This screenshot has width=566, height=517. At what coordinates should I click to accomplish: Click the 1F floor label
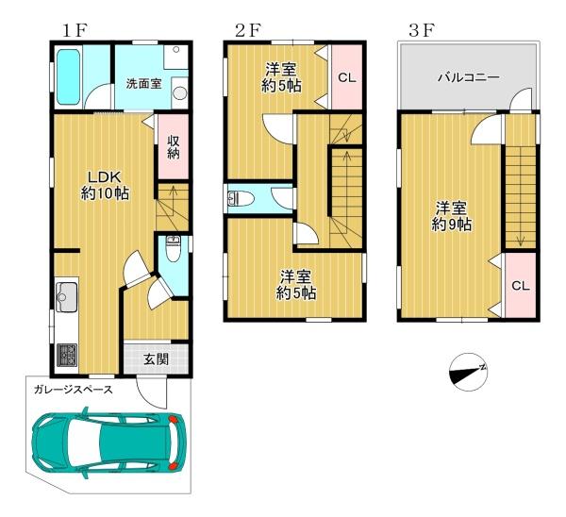pyautogui.click(x=75, y=31)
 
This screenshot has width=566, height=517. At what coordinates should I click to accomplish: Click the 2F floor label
pyautogui.click(x=247, y=31)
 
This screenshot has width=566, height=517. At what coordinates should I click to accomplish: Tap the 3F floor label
pyautogui.click(x=421, y=31)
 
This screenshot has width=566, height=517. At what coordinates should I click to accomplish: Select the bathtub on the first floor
pyautogui.click(x=68, y=77)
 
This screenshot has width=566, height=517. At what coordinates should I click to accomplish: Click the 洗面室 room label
pyautogui.click(x=143, y=84)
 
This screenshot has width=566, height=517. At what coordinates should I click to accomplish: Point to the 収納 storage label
pyautogui.click(x=174, y=147)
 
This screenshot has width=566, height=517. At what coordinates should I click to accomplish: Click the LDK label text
pyautogui.click(x=105, y=177)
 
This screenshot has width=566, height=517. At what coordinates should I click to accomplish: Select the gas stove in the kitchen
pyautogui.click(x=66, y=355)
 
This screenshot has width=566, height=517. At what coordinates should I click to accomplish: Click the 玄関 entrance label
pyautogui.click(x=156, y=359)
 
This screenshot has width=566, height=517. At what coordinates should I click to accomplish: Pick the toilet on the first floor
pyautogui.click(x=174, y=249)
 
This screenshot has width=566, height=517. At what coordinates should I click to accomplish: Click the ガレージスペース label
pyautogui.click(x=74, y=390)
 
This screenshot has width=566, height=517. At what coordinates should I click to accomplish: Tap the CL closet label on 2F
pyautogui.click(x=347, y=77)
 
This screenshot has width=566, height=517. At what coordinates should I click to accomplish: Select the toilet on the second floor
pyautogui.click(x=241, y=198)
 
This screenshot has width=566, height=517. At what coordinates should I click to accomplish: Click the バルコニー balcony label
pyautogui.click(x=469, y=77)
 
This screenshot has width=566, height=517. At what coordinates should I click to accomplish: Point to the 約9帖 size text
pyautogui.click(x=451, y=225)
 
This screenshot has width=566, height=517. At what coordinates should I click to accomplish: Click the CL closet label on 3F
pyautogui.click(x=521, y=286)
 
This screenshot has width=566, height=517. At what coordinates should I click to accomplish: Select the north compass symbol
pyautogui.click(x=468, y=373)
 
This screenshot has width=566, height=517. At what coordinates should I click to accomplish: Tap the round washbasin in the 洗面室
pyautogui.click(x=179, y=93)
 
